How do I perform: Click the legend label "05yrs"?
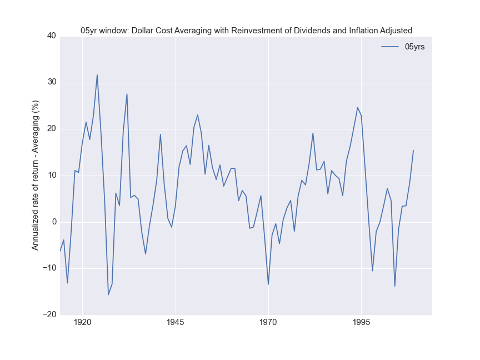pyautogui.click(x=414, y=47)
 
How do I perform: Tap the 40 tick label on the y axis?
pyautogui.click(x=51, y=36)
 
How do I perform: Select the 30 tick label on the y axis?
pyautogui.click(x=51, y=82)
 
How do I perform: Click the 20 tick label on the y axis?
pyautogui.click(x=51, y=129)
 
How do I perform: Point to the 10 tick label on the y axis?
pyautogui.click(x=51, y=176)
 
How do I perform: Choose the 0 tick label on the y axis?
pyautogui.click(x=53, y=222)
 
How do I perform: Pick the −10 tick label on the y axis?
pyautogui.click(x=49, y=268)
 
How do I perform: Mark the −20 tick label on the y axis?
pyautogui.click(x=49, y=315)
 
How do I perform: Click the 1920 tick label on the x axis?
pyautogui.click(x=82, y=322)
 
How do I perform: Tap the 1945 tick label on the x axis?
pyautogui.click(x=175, y=322)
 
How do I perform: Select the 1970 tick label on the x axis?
pyautogui.click(x=268, y=322)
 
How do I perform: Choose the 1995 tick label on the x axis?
pyautogui.click(x=361, y=322)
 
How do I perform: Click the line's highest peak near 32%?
pyautogui.click(x=97, y=74)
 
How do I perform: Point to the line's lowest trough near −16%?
pyautogui.click(x=108, y=294)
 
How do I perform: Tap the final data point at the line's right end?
pyautogui.click(x=413, y=150)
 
